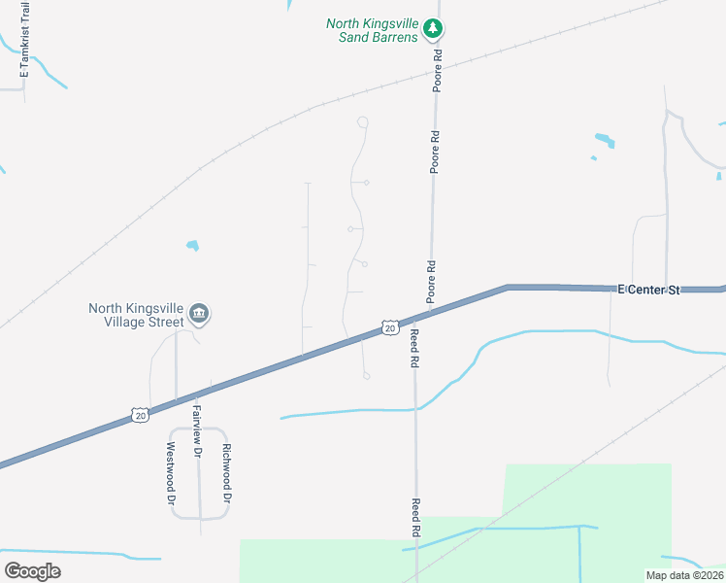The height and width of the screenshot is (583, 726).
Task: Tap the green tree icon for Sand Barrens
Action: (x=434, y=29)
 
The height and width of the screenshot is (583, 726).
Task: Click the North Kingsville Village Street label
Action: (x=136, y=315)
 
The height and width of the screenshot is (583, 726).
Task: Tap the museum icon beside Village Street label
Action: (x=199, y=313)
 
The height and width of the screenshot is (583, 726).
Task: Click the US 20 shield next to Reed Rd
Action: (x=389, y=328)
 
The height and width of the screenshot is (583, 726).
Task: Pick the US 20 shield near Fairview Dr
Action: (x=141, y=415)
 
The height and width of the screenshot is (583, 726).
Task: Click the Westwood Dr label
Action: (x=170, y=474)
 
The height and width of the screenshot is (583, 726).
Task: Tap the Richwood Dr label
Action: (x=226, y=473)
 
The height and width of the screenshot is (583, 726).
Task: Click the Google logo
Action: (x=32, y=570)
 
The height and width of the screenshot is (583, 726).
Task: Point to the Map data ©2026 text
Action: (x=683, y=575)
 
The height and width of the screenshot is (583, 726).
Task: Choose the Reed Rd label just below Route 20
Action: (x=414, y=347)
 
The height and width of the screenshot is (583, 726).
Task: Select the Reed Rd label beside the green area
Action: (x=415, y=520)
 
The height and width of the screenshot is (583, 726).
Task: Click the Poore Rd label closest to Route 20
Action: (x=429, y=280)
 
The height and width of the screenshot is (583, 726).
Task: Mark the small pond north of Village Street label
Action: (x=192, y=245)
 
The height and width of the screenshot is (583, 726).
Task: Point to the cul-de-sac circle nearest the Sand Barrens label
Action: (x=362, y=121)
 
